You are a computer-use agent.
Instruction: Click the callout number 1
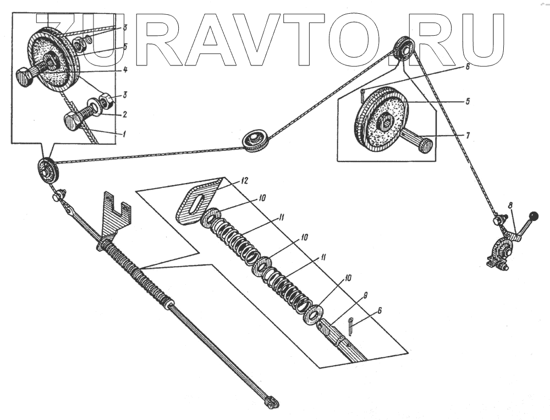[x=124, y=134]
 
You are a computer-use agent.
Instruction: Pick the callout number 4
[x=125, y=69]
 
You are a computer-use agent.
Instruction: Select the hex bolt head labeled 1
[x=73, y=120]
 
